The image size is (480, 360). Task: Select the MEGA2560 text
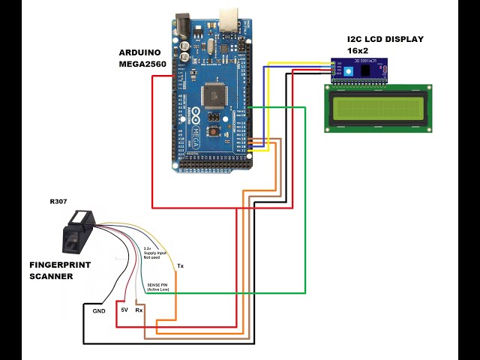[x=143, y=64]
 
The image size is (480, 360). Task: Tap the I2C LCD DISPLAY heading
[x=385, y=39]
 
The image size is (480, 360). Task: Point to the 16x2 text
[x=358, y=49]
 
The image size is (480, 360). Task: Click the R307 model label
[x=58, y=202]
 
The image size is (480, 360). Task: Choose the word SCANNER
[x=51, y=276]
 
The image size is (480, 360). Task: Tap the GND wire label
[x=99, y=310]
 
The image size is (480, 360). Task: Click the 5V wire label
[x=124, y=309]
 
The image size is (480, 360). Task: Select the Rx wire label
[x=139, y=309]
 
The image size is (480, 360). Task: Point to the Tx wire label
[x=179, y=266]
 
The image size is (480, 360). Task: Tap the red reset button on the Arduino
[x=215, y=131]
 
